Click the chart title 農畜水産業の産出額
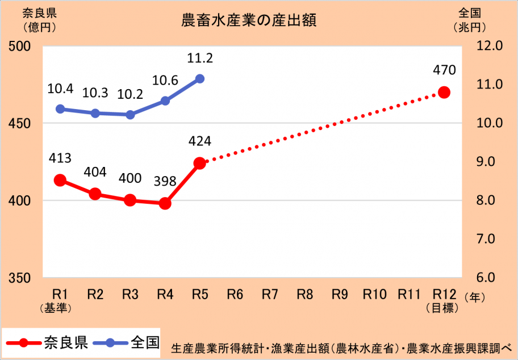[248, 21]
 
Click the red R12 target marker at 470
[444, 92]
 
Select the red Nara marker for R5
[199, 163]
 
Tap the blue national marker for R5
[199, 79]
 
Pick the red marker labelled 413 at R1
[60, 180]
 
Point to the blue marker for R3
[130, 115]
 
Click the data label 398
[165, 182]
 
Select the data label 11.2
[199, 57]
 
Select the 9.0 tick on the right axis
[484, 162]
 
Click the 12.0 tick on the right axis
[484, 46]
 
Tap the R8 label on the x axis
[305, 294]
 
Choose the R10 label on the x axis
[375, 294]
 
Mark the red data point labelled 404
[95, 194]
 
